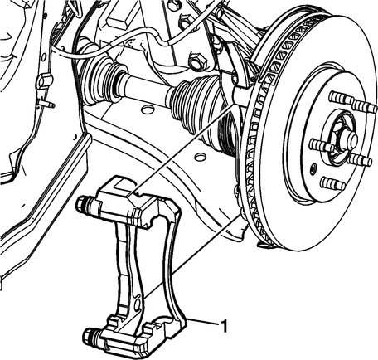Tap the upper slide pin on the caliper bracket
click(x=88, y=204)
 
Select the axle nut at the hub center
click(x=349, y=138)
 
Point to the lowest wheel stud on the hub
click(x=332, y=183)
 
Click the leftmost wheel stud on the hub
click(x=321, y=145)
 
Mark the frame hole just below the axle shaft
click(x=147, y=109)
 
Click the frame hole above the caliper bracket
click(x=200, y=157)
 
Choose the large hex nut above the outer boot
click(x=197, y=61)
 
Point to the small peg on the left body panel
click(x=47, y=104)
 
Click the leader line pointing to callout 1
click(x=202, y=322)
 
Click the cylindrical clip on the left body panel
click(x=43, y=80)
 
